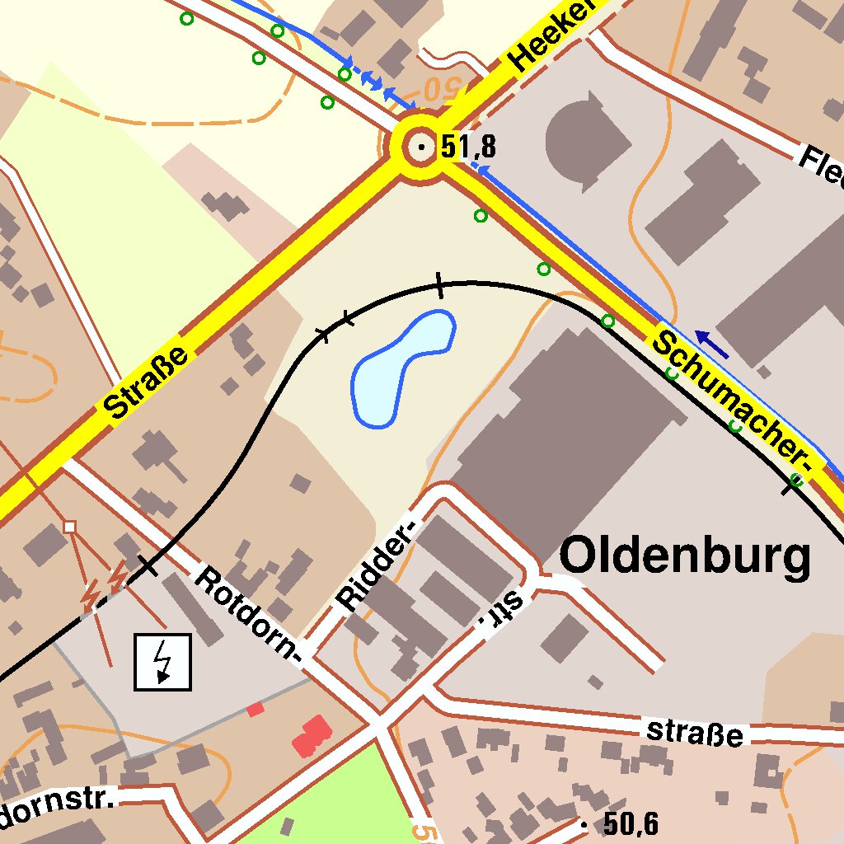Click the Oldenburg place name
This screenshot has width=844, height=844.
(x=685, y=556)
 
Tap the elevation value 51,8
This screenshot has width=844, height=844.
(x=468, y=147)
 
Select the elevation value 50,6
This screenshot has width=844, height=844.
(x=631, y=823)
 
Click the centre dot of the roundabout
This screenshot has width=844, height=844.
(x=422, y=147)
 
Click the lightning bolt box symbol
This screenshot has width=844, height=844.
(x=163, y=661)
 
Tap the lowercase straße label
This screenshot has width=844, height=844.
(x=695, y=731)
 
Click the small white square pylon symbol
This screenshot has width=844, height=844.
(x=70, y=526)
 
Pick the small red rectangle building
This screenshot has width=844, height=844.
(x=256, y=708)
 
